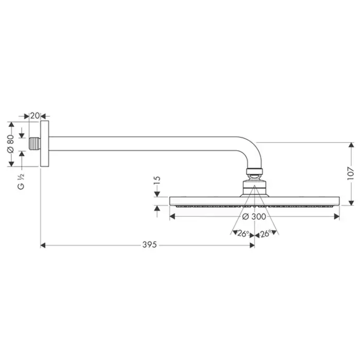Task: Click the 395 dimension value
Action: click(150, 244)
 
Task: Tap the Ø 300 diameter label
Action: click(254, 217)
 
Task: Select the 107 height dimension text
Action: click(351, 173)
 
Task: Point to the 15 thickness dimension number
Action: click(157, 181)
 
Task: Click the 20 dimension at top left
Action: click(35, 116)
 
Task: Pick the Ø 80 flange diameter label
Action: click(11, 144)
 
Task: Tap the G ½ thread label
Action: click(21, 182)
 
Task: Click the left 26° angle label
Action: click(243, 233)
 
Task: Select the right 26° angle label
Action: click(266, 233)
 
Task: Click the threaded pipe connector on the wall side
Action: click(35, 143)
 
